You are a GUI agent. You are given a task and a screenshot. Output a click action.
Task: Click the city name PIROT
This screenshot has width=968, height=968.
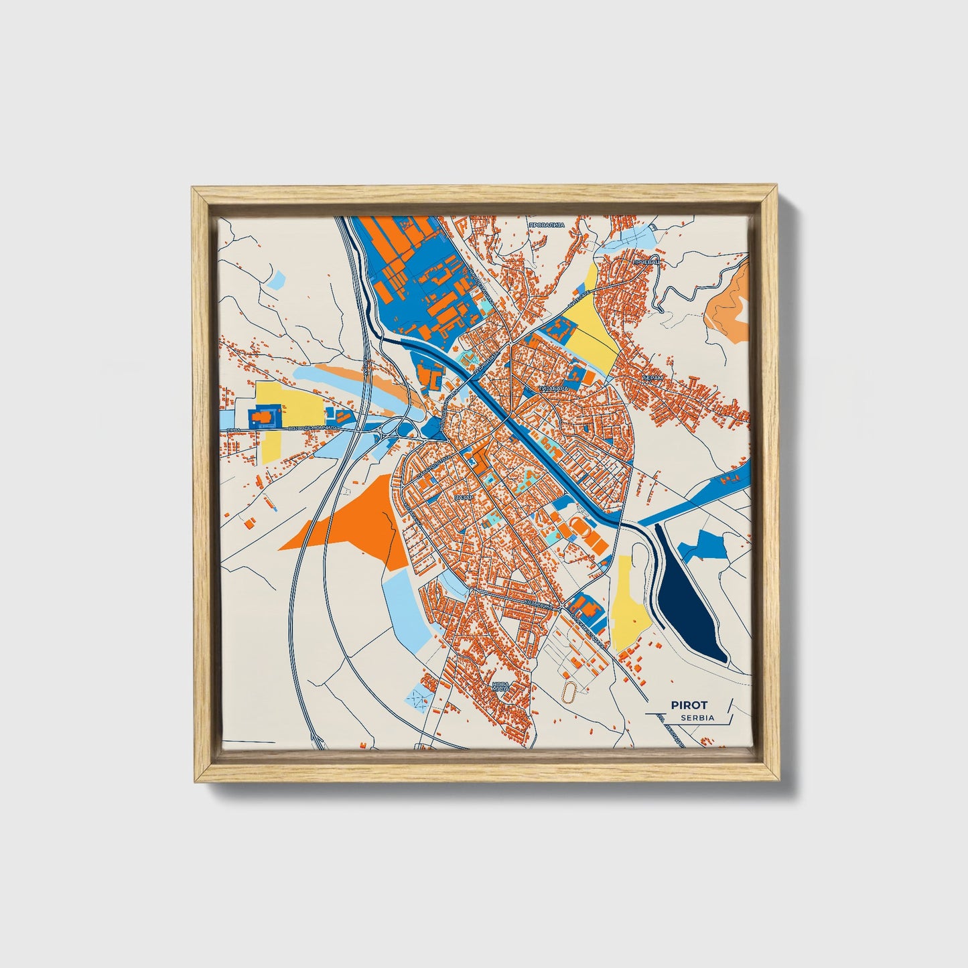click(689, 705)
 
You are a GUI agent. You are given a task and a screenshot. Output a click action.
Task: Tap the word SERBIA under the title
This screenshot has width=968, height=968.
click(697, 717)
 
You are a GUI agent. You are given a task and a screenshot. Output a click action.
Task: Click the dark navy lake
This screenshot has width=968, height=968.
click(690, 600)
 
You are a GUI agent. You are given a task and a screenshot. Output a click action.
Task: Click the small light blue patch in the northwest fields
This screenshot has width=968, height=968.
click(276, 280)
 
